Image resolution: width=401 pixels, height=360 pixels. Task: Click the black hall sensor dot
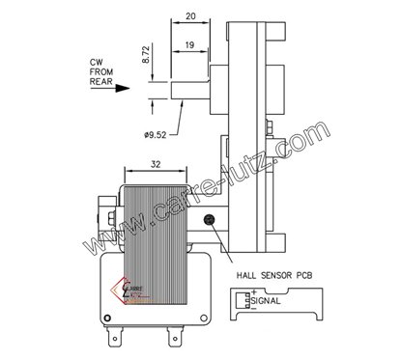[210, 223]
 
